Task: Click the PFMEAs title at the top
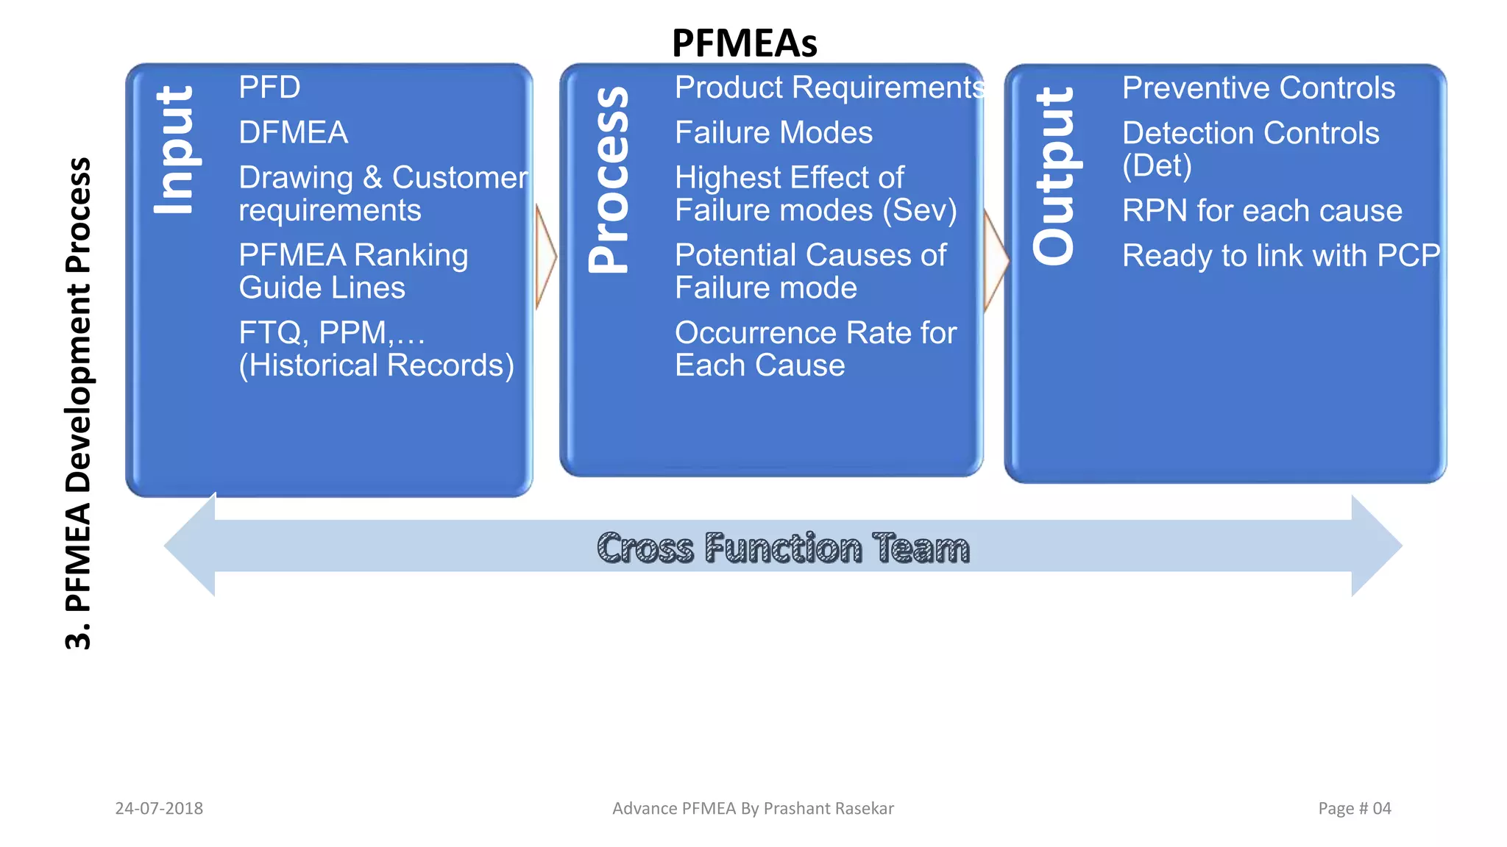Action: (x=744, y=43)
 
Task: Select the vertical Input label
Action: (x=174, y=150)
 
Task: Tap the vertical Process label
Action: (x=609, y=180)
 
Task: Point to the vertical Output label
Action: (x=1054, y=176)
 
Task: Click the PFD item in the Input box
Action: (x=269, y=87)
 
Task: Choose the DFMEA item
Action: (x=293, y=133)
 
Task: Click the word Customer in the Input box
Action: (x=460, y=177)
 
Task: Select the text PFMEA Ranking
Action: (x=353, y=255)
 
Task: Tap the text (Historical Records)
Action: (x=376, y=365)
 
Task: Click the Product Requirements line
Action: (x=829, y=87)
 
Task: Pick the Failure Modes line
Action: (x=773, y=133)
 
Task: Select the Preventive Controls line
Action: (x=1258, y=88)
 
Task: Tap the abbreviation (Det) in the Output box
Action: (x=1157, y=166)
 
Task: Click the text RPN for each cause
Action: (x=1262, y=211)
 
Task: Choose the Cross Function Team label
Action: (x=783, y=548)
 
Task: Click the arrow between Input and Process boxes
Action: (x=546, y=257)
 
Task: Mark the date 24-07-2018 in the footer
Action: (x=159, y=808)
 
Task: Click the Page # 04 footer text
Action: (x=1354, y=808)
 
